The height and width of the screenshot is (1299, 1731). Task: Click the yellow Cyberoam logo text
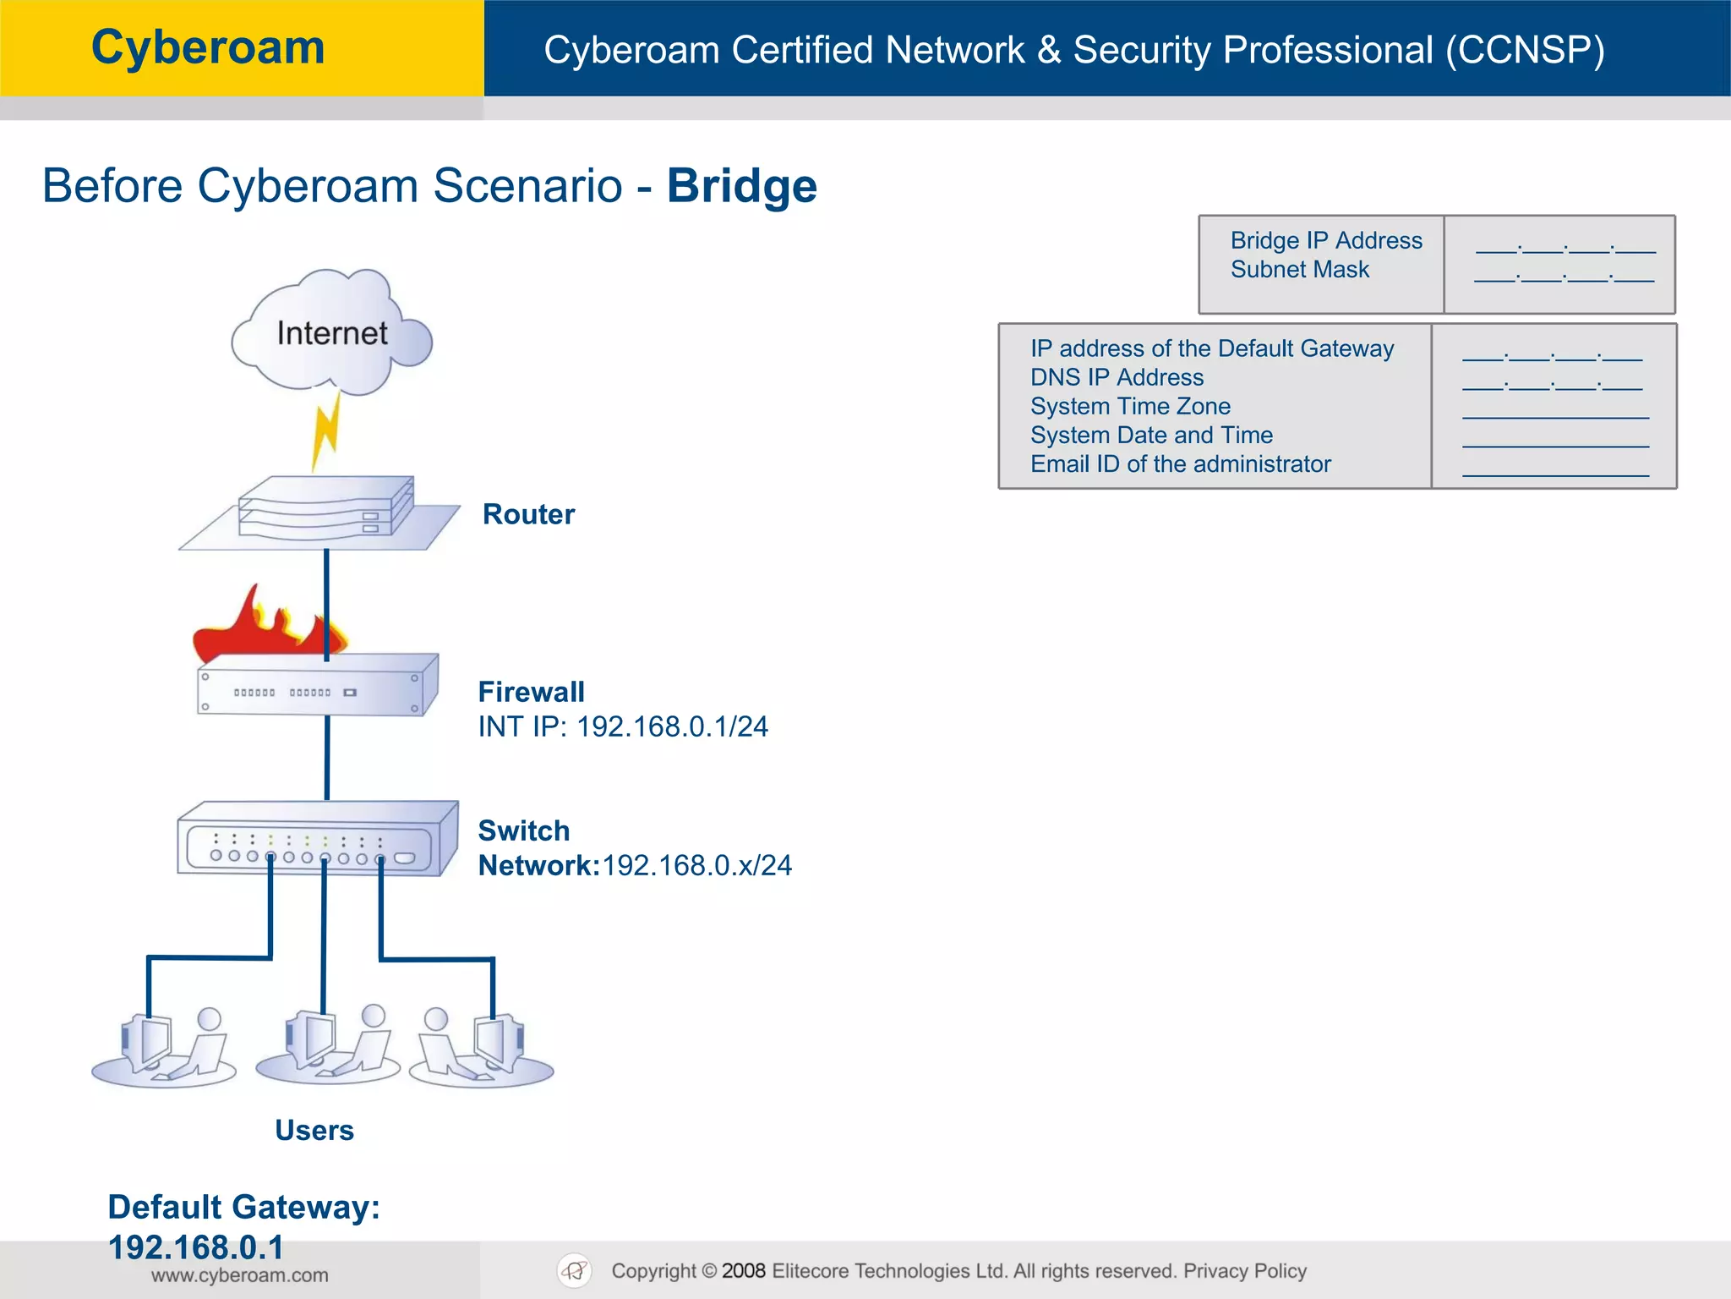[208, 47]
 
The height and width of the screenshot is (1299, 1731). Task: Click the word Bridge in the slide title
[741, 186]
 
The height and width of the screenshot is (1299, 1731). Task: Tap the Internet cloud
[331, 333]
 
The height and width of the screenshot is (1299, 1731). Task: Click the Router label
[528, 514]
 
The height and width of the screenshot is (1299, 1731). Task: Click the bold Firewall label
[531, 692]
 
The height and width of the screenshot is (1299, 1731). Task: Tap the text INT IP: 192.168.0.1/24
[623, 726]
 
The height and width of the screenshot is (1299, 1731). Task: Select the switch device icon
[317, 839]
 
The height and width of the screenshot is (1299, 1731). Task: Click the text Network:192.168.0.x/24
[635, 865]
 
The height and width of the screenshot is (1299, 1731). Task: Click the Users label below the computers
[314, 1130]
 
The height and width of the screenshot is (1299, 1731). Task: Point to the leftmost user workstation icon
[165, 1049]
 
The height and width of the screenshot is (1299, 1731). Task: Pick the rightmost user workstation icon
[482, 1049]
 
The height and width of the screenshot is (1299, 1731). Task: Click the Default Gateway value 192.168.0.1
[195, 1247]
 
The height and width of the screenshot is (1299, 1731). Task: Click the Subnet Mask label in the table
[1299, 270]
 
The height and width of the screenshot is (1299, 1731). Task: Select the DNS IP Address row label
[1117, 377]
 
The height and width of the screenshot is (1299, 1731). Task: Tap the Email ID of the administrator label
[1180, 464]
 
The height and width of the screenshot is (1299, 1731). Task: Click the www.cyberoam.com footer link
[239, 1275]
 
